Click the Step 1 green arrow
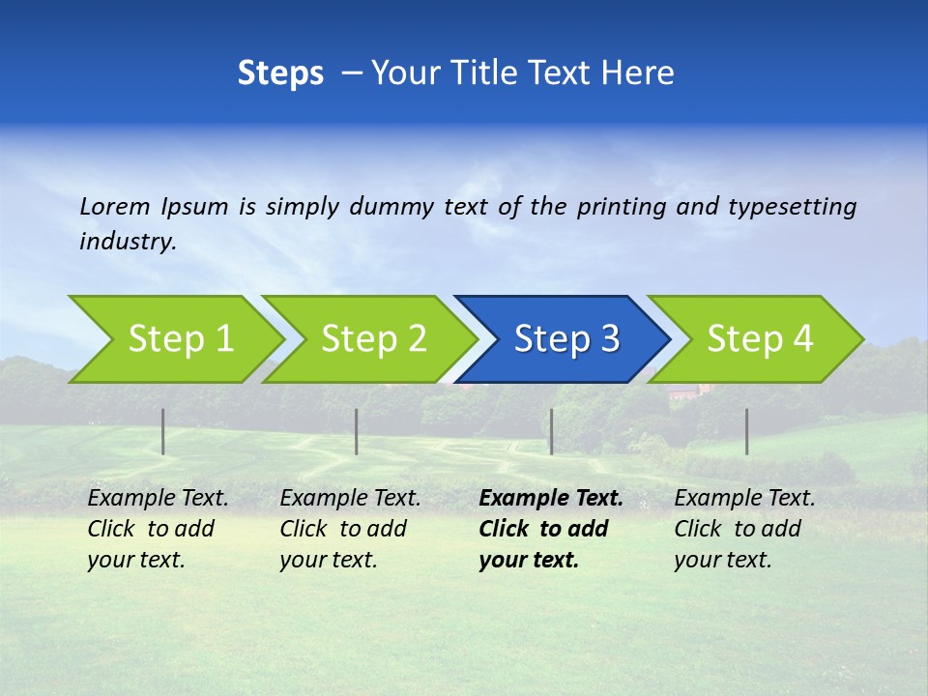(174, 339)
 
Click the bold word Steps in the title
(280, 73)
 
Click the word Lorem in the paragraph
(114, 206)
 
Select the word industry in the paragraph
(126, 242)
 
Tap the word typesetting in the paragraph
(792, 207)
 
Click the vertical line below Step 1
(163, 431)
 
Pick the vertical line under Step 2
(357, 431)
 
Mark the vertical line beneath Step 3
(551, 431)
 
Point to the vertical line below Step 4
(746, 431)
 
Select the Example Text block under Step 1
(158, 529)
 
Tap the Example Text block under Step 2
(350, 529)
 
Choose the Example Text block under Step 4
(744, 529)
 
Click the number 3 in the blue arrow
(609, 339)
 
